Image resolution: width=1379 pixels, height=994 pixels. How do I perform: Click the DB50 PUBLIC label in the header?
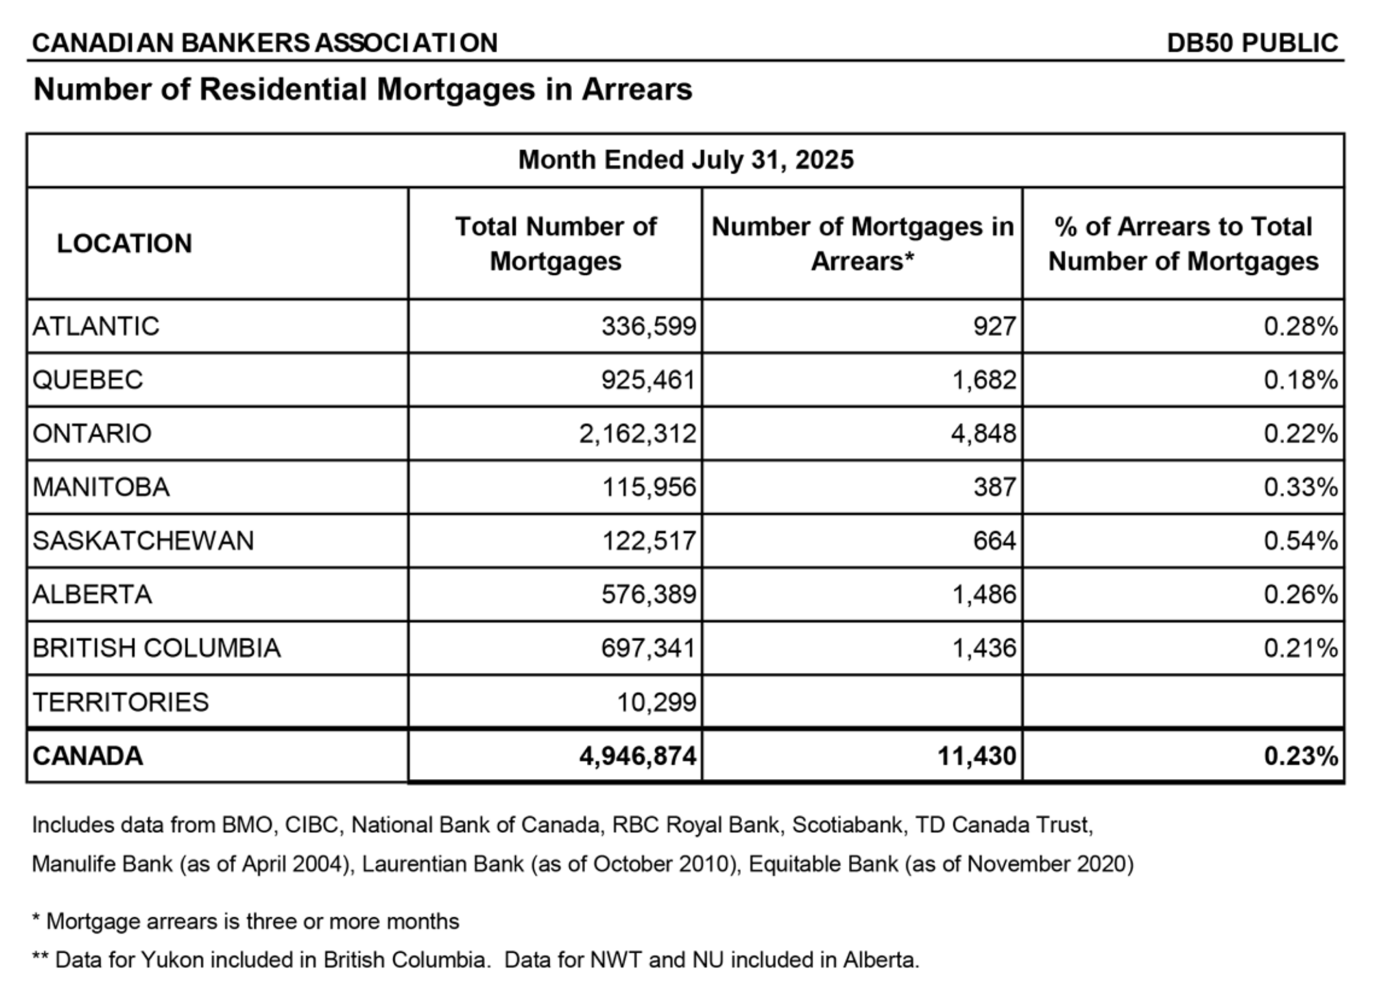tap(1252, 42)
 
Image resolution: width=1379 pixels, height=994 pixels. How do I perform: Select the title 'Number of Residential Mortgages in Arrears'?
tap(363, 89)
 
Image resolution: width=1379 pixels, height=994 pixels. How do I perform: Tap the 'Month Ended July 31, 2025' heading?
tap(686, 160)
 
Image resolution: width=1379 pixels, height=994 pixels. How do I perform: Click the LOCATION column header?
tap(124, 244)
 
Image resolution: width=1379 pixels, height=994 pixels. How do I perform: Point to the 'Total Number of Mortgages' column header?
tap(555, 244)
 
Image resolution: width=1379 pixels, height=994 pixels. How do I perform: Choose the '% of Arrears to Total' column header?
tap(1183, 244)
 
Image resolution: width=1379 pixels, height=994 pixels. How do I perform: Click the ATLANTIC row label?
tap(96, 326)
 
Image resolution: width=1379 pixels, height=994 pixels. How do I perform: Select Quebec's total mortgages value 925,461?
tap(648, 380)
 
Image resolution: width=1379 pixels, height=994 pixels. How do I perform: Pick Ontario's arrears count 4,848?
tap(983, 434)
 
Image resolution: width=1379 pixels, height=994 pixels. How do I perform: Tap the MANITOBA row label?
tap(101, 487)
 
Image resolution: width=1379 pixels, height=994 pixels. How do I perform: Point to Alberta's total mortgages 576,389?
tap(648, 594)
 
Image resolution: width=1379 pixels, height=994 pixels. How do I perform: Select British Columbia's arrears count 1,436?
tap(983, 648)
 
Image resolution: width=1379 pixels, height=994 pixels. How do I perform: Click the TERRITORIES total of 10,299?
tap(656, 702)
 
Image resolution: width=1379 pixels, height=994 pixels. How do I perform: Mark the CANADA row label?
tap(88, 756)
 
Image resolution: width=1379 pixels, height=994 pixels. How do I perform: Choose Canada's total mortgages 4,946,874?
tap(637, 756)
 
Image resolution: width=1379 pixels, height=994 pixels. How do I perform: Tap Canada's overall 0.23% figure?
tap(1300, 756)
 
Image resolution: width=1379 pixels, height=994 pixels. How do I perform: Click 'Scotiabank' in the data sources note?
tap(846, 825)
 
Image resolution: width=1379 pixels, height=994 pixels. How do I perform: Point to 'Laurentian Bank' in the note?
tap(443, 865)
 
